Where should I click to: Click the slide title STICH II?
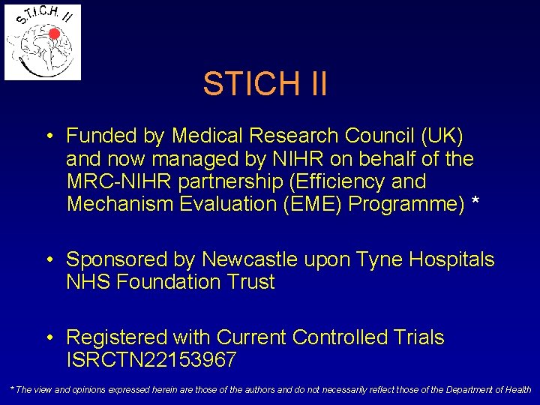coord(265,84)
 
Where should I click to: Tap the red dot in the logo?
coord(54,34)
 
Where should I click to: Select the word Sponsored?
coord(119,259)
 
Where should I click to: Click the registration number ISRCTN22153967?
coord(151,360)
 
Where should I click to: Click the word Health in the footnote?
coord(516,390)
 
